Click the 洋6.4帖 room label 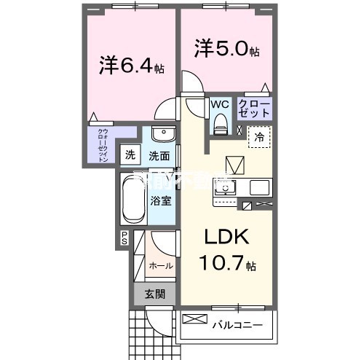(132, 66)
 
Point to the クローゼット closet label (255, 109)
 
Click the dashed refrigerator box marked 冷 (259, 136)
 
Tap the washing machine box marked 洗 (130, 154)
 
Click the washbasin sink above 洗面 (164, 136)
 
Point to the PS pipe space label (124, 238)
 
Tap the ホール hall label (161, 265)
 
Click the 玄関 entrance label (154, 294)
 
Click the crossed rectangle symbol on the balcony (194, 319)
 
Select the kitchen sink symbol (226, 188)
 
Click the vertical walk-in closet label (103, 144)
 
